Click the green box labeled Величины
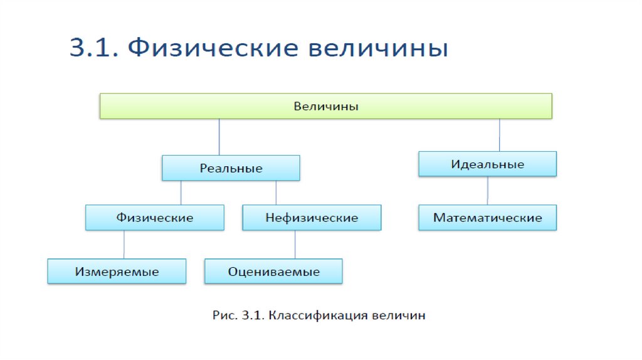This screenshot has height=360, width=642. (x=326, y=107)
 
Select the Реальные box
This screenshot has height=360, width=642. (x=231, y=168)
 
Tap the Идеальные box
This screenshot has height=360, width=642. (x=487, y=164)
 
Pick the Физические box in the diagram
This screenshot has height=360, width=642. (x=154, y=218)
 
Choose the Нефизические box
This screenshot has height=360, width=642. (x=312, y=218)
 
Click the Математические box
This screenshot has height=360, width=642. (x=487, y=218)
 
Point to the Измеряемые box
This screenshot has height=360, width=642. (x=117, y=272)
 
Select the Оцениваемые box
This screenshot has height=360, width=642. (x=273, y=272)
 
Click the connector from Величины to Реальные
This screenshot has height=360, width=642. (x=219, y=137)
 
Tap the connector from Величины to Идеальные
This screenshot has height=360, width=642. (x=500, y=135)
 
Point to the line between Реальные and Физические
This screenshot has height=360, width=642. (x=181, y=193)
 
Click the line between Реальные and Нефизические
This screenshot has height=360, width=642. (x=275, y=193)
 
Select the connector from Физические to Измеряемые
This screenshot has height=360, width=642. (x=124, y=245)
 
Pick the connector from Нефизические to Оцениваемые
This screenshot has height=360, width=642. (x=295, y=245)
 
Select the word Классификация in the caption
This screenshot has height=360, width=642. (x=318, y=315)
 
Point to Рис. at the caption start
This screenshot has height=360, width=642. (x=223, y=315)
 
